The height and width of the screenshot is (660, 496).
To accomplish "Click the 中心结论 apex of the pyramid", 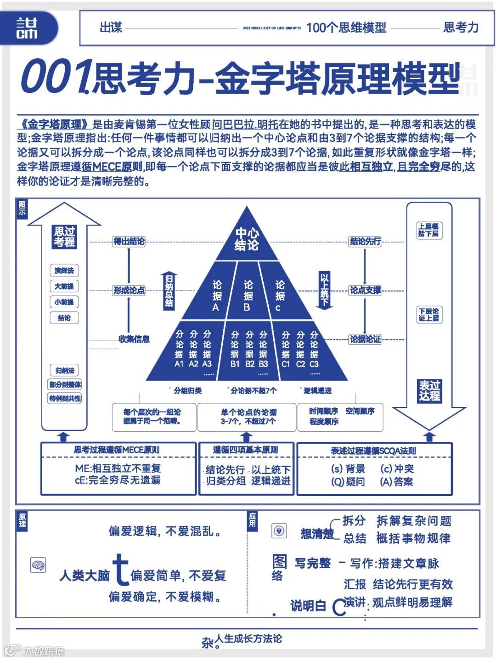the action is [x=247, y=239].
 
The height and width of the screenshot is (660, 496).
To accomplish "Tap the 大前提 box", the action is [x=64, y=286].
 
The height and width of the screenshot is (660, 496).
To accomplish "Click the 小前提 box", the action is [x=64, y=302].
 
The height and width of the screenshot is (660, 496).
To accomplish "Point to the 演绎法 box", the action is [x=64, y=271].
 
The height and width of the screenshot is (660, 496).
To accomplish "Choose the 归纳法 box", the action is [x=64, y=370].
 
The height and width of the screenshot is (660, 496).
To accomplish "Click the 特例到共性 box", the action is [x=65, y=398].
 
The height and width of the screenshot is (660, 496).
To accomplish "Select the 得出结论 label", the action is [x=129, y=241].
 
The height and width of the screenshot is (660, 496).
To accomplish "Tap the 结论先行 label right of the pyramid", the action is [x=365, y=241].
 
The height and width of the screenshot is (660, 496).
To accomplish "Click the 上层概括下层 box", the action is [x=428, y=230].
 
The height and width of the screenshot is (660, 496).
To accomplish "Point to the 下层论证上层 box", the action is [x=428, y=315].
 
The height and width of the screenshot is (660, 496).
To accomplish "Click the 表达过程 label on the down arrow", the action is [x=429, y=390].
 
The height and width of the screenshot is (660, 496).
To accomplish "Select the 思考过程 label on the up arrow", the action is [x=65, y=237].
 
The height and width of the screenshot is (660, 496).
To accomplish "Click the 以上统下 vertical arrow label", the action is [x=325, y=289].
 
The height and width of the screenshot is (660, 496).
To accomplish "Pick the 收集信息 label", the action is [x=134, y=339].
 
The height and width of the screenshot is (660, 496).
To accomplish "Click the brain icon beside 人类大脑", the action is [x=38, y=565].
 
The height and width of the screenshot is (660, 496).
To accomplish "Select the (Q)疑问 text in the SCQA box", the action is [x=348, y=481].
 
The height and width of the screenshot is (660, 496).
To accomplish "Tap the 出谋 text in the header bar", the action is [x=111, y=28].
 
